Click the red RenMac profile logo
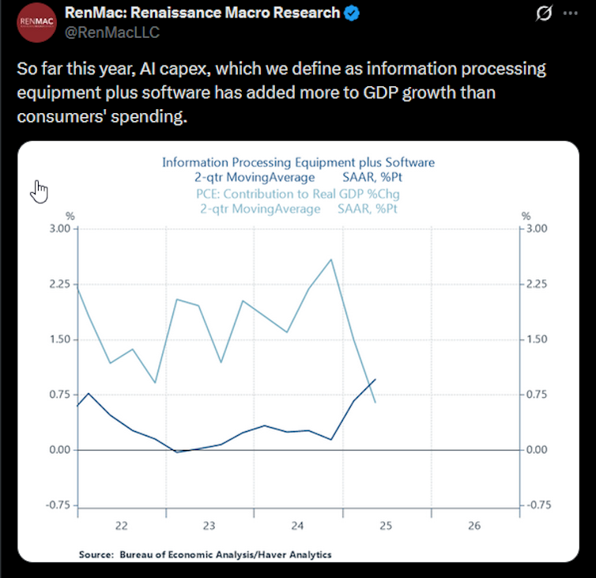point(38,21)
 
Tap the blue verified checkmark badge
point(353,13)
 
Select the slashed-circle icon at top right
point(544,14)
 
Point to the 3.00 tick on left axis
point(59,229)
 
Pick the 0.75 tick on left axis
point(59,395)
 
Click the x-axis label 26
point(475,525)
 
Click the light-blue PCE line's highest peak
point(330,259)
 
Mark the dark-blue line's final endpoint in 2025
point(375,380)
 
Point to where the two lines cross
point(368,387)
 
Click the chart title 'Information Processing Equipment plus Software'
point(298,162)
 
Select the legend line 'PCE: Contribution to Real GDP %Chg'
point(298,194)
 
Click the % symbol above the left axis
point(70,216)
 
